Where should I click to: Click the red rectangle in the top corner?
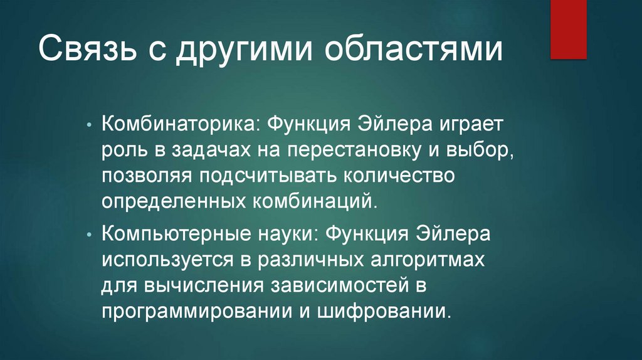(x=568, y=29)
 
